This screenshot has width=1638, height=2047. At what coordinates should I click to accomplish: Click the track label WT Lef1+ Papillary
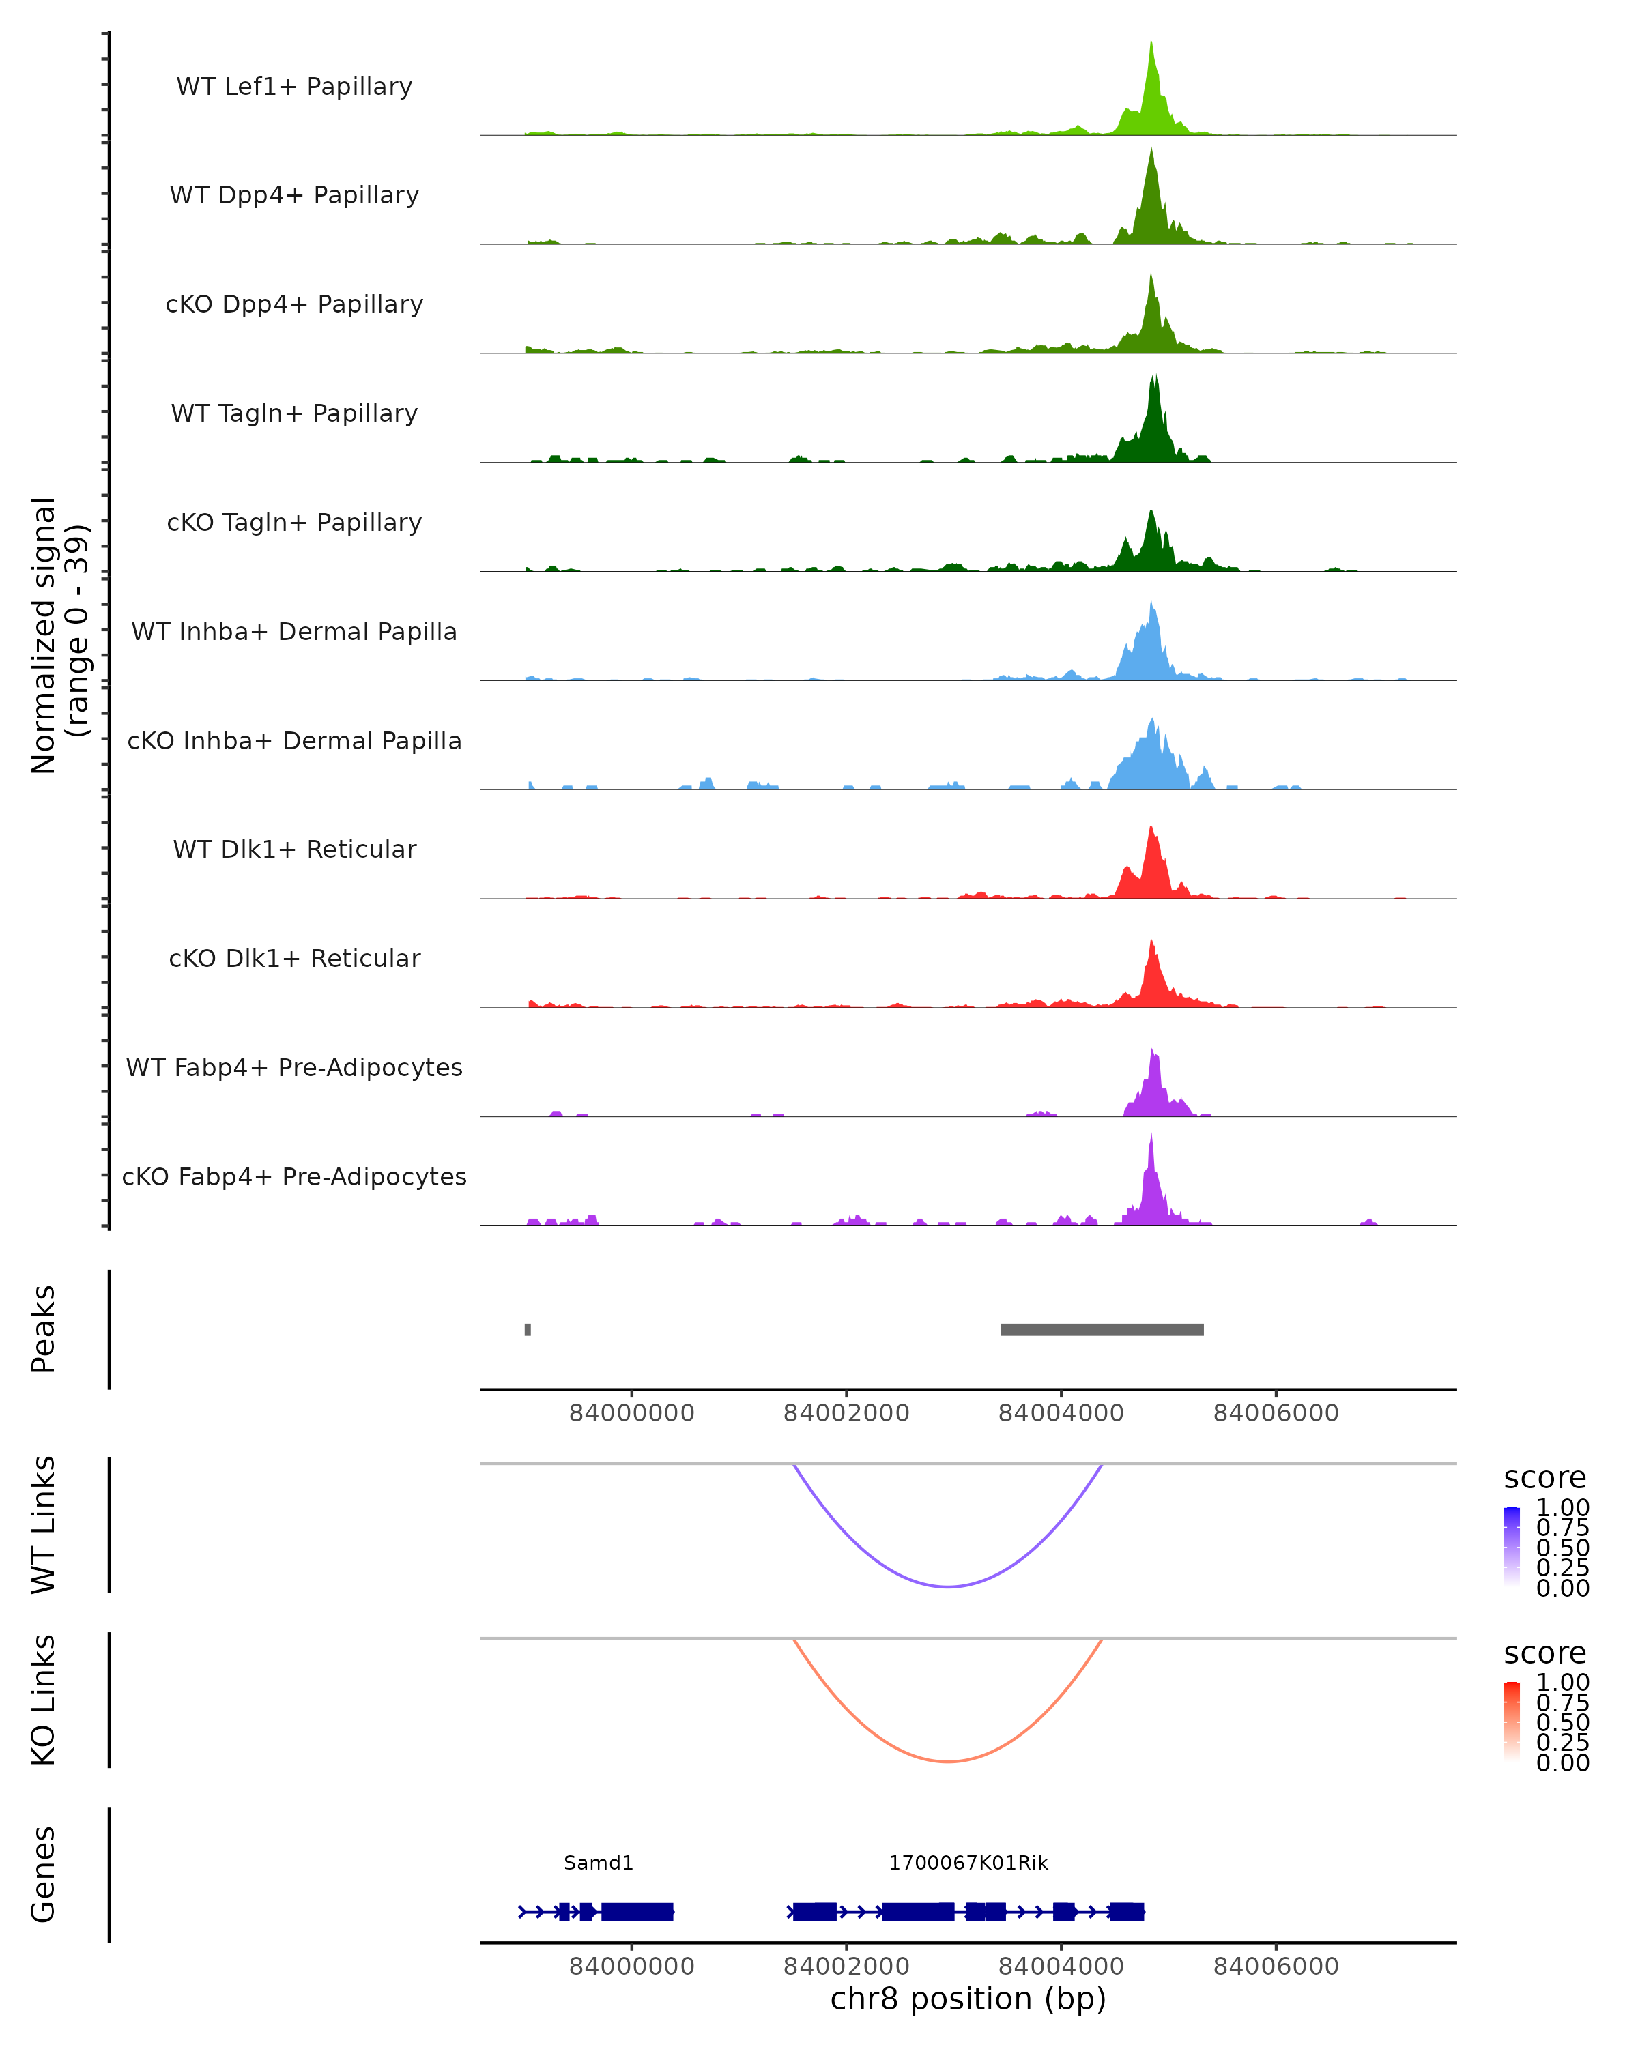click(x=294, y=87)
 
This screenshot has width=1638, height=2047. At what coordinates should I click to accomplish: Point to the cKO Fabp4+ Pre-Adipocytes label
click(x=294, y=1176)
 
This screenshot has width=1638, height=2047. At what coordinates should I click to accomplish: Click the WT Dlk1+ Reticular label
click(x=294, y=849)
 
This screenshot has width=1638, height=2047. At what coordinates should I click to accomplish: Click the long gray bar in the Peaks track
click(x=1102, y=1329)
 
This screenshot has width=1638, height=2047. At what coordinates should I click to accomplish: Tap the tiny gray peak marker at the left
click(x=528, y=1329)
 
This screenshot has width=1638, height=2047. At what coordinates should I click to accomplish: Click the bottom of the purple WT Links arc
click(x=948, y=1586)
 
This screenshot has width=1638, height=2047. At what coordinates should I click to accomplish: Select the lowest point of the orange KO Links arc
click(x=948, y=1761)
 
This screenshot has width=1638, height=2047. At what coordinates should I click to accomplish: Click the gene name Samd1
click(x=599, y=1863)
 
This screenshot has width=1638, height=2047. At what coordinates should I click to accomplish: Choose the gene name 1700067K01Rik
click(x=968, y=1863)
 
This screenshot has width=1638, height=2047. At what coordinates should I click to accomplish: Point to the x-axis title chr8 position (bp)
click(x=968, y=1999)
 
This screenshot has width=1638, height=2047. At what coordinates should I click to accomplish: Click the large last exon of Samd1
click(x=637, y=1911)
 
